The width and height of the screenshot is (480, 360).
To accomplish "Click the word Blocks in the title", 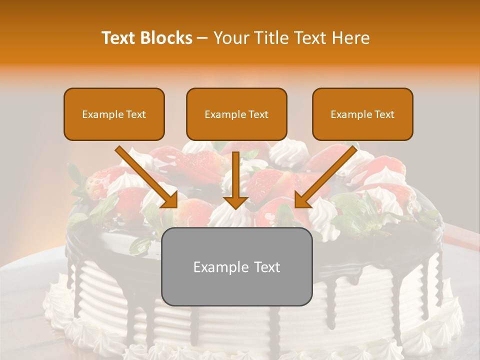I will click(166, 38).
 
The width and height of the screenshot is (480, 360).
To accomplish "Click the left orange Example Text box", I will click(114, 114).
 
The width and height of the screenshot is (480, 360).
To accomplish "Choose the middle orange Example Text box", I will click(236, 114).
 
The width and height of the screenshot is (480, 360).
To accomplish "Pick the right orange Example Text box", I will click(362, 114).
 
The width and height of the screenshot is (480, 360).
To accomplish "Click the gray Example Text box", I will click(236, 266).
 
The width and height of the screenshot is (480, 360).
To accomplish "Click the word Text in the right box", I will click(384, 114).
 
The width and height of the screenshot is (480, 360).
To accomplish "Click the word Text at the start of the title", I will click(119, 38).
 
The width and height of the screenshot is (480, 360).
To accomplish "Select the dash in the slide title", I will click(202, 38).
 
